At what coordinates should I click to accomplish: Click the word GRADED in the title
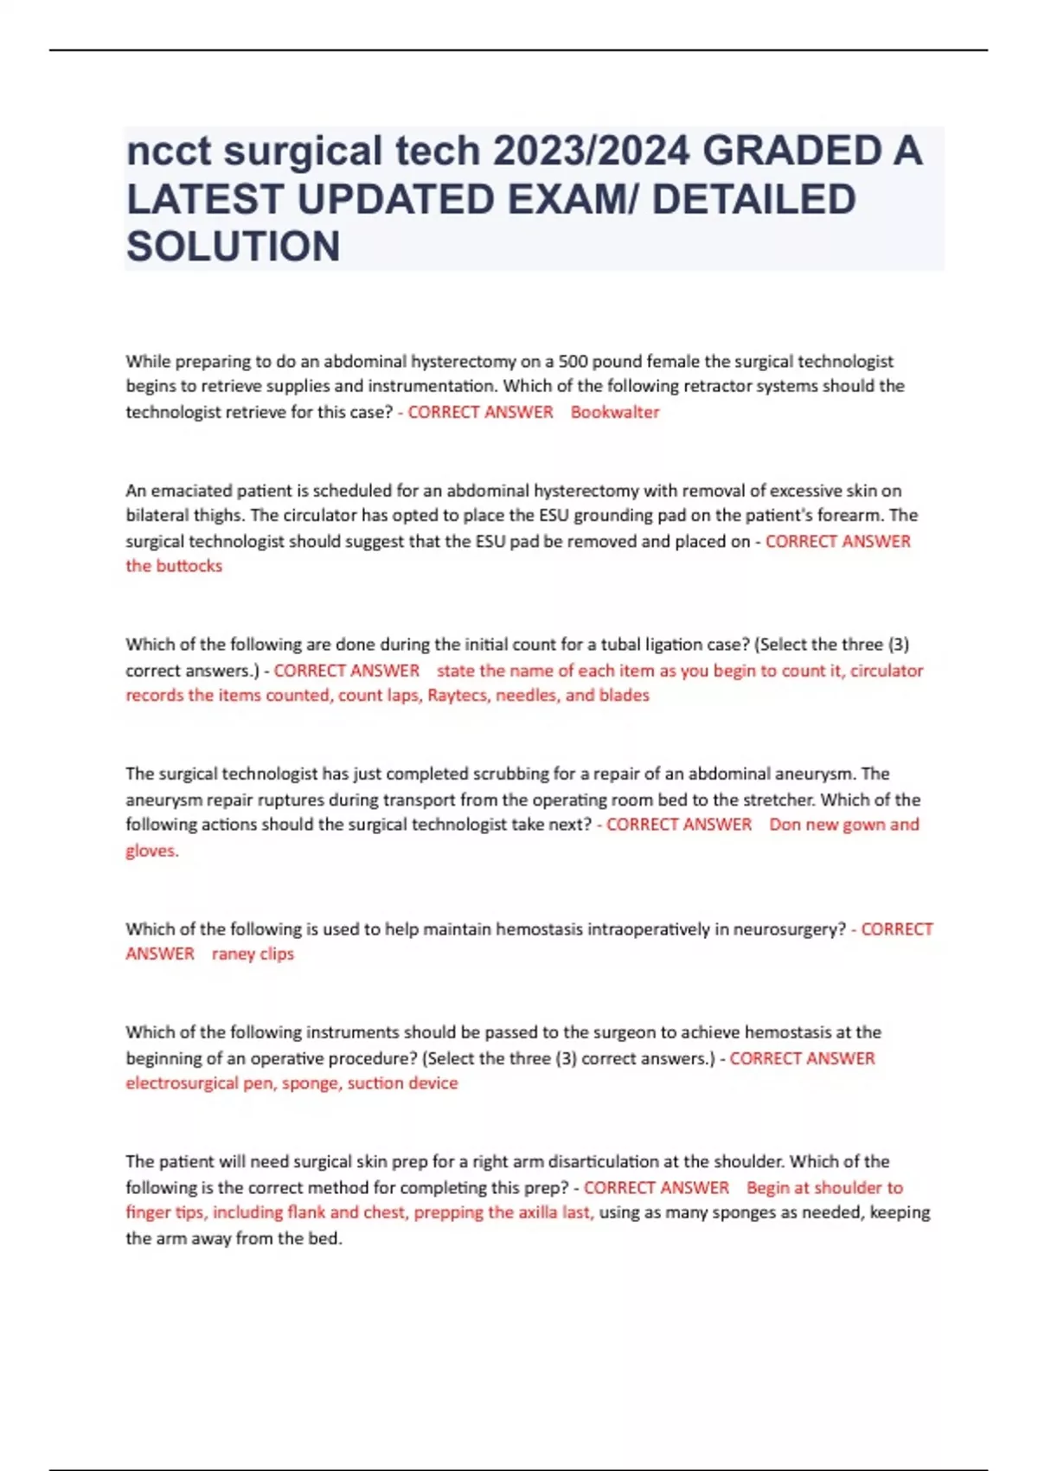(x=791, y=151)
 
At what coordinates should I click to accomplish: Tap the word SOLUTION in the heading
(x=234, y=247)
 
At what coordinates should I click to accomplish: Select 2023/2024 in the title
(x=591, y=151)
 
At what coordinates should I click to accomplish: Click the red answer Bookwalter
(x=614, y=412)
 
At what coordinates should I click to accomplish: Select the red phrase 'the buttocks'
(x=174, y=566)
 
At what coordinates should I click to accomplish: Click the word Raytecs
(x=458, y=696)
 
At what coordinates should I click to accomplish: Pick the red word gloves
(x=151, y=851)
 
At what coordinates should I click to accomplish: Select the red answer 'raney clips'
(x=253, y=954)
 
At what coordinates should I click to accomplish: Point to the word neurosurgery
(x=788, y=929)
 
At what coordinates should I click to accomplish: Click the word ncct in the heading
(x=169, y=151)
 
